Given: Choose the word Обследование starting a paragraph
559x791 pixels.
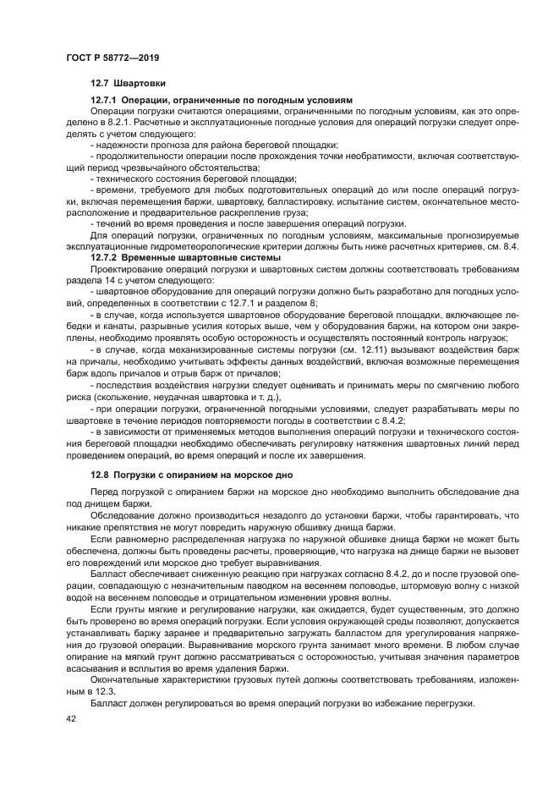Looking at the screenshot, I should (x=123, y=514).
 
